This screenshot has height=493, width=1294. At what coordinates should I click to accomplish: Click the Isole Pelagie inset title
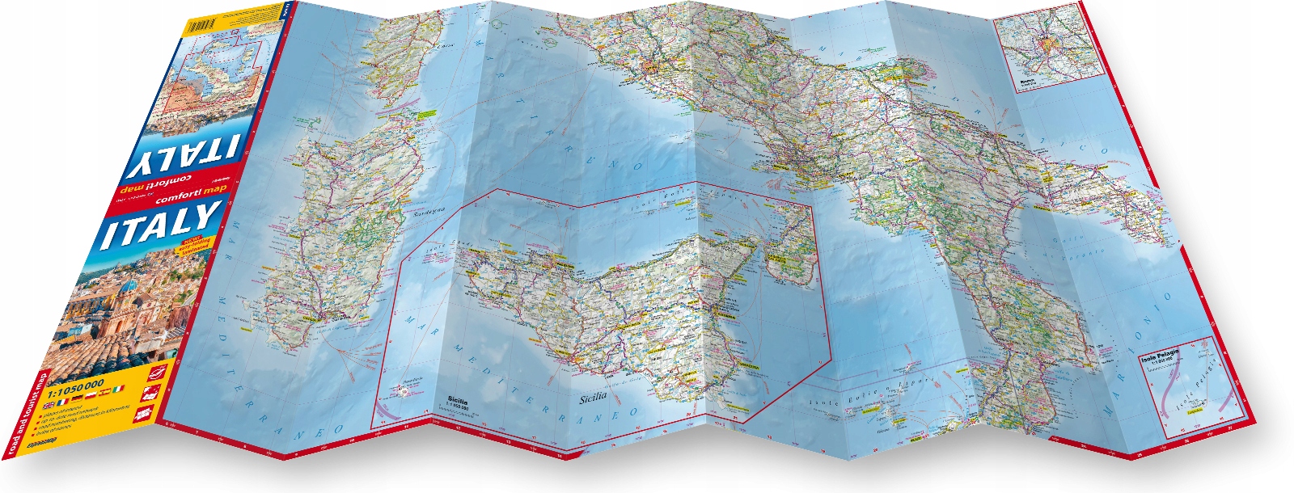click(x=1160, y=356)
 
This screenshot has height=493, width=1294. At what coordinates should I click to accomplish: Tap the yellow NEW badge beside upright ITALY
click(x=195, y=247)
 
